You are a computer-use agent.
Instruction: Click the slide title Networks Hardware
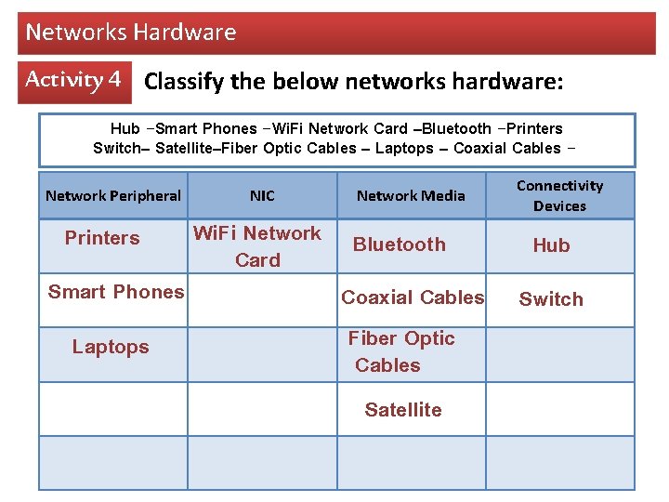[131, 33]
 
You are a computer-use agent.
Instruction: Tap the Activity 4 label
[72, 80]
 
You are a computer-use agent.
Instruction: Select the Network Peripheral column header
[113, 195]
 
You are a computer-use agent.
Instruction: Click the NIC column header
[262, 195]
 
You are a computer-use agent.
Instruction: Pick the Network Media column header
[411, 195]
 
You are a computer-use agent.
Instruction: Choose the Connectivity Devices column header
[559, 195]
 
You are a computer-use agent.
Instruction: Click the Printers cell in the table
[102, 238]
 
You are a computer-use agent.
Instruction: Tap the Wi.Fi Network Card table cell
[257, 246]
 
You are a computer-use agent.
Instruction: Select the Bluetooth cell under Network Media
[400, 244]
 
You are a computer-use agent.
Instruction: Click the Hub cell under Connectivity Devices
[551, 245]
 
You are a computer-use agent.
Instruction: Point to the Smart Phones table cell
[116, 292]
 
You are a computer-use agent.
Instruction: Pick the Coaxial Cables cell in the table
[413, 297]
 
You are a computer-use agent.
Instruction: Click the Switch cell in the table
[551, 299]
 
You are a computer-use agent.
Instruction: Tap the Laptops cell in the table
[111, 347]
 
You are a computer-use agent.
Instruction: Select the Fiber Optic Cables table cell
[401, 351]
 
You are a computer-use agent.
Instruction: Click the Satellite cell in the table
[403, 410]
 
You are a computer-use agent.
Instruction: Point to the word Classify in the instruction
[185, 82]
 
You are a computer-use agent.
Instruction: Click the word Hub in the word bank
[125, 129]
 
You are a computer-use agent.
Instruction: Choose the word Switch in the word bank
[113, 149]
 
